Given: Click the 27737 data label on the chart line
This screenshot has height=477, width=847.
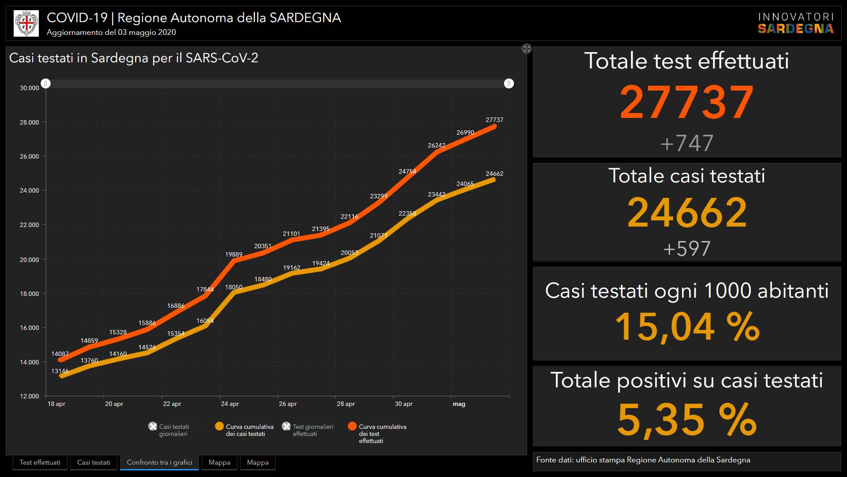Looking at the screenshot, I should click(494, 120).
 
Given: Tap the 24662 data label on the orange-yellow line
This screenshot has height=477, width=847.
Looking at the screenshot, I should click(494, 174).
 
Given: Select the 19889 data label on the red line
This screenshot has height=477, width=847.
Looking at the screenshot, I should click(233, 254).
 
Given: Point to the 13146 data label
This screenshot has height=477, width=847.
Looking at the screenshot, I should click(60, 371).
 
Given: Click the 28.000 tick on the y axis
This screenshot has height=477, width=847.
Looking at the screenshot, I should click(29, 122).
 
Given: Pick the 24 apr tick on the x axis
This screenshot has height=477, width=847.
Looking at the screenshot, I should click(230, 404).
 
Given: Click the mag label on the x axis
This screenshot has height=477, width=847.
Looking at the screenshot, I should click(459, 404).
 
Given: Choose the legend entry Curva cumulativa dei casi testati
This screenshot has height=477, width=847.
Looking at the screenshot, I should click(249, 430).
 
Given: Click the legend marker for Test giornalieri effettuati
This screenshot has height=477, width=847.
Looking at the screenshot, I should click(286, 426).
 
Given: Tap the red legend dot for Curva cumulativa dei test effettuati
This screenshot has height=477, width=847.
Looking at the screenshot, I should click(352, 426).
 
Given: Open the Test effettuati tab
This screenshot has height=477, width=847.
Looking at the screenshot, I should click(40, 462).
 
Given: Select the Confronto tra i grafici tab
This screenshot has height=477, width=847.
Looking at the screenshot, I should click(159, 462).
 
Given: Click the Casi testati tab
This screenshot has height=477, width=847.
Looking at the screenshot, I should click(94, 462).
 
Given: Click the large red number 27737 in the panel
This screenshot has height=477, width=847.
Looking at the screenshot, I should click(686, 102).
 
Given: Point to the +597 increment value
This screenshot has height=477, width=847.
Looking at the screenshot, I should click(686, 249).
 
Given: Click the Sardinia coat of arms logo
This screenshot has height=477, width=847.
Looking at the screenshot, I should click(26, 23).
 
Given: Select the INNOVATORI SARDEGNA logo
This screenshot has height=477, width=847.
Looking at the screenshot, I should click(795, 23).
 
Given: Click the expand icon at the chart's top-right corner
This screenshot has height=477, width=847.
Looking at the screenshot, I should click(527, 49).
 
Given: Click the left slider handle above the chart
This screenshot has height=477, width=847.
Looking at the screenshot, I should click(46, 83).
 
